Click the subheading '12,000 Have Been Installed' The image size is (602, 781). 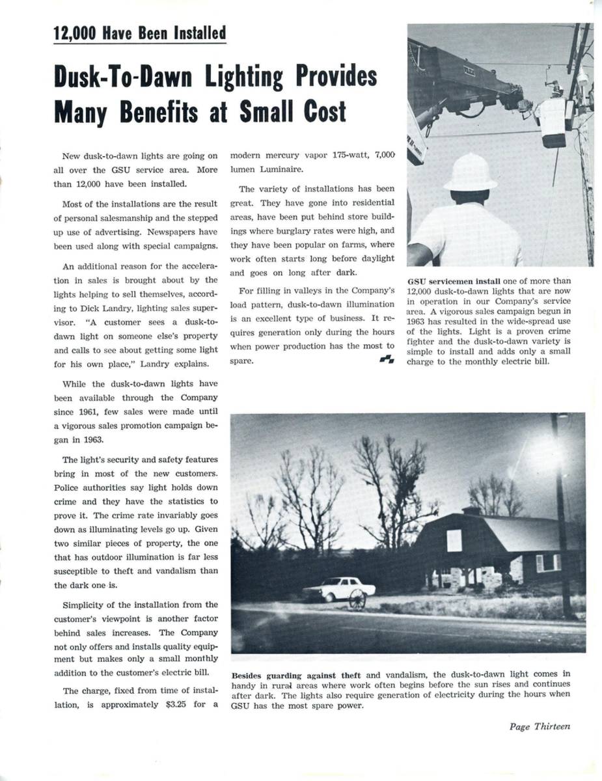click(x=140, y=33)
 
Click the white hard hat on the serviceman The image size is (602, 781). click(x=469, y=172)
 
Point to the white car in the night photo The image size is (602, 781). click(x=338, y=589)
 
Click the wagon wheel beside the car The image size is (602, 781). click(x=357, y=599)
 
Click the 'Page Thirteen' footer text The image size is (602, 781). click(x=540, y=726)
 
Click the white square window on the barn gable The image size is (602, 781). click(x=454, y=540)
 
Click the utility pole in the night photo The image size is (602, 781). click(x=561, y=521)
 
